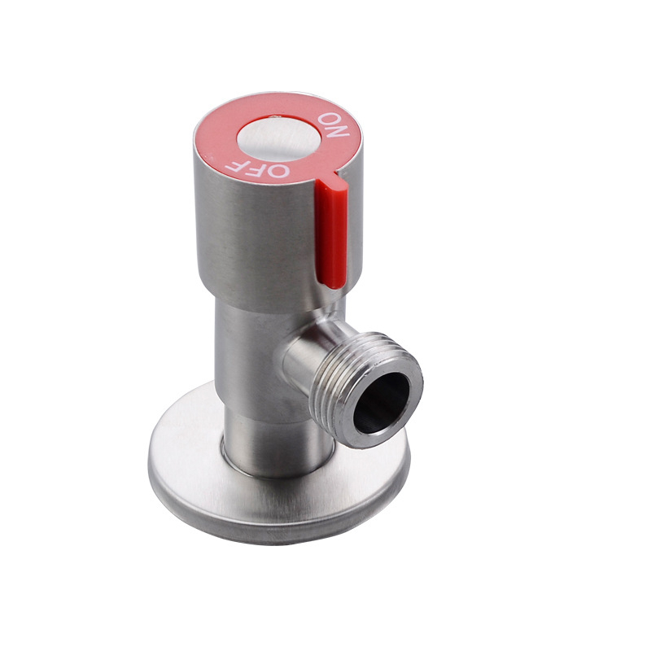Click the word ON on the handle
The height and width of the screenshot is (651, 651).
tap(334, 125)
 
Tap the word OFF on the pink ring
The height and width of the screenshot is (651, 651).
tap(257, 168)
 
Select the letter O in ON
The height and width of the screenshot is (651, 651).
tap(330, 117)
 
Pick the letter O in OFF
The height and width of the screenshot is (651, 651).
tap(277, 171)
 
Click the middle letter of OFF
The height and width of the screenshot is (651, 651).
tap(254, 169)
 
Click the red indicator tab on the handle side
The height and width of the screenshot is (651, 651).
tap(331, 229)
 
